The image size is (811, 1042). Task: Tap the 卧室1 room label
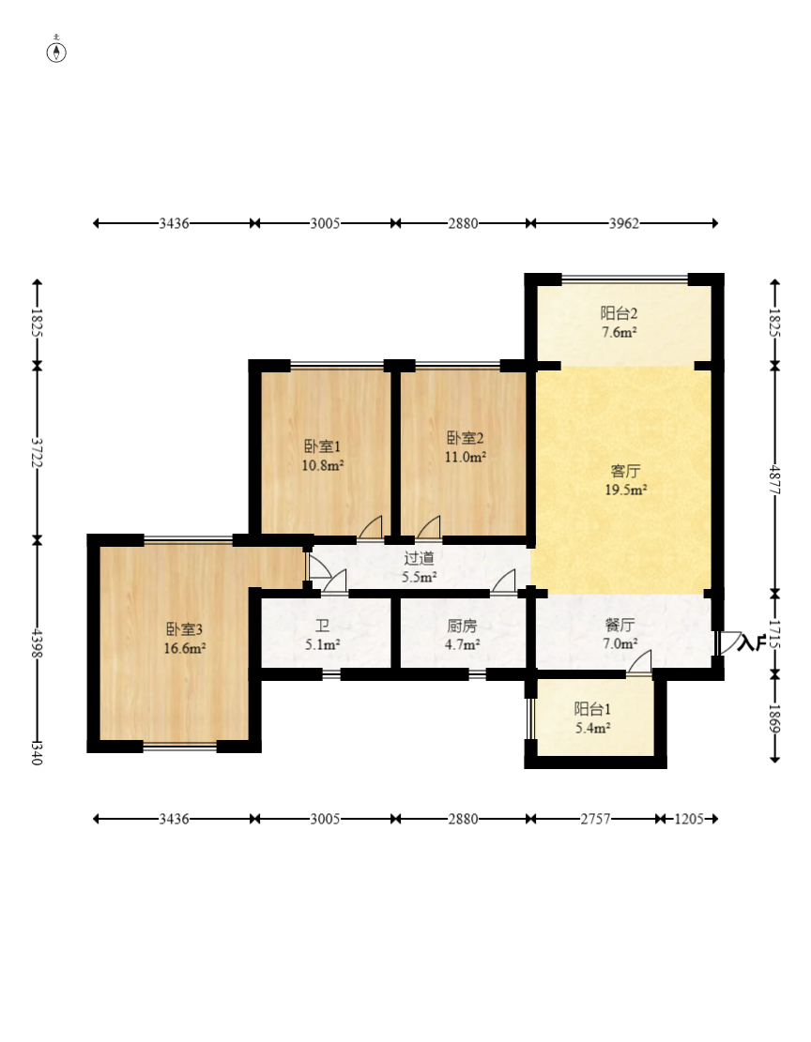coord(323,446)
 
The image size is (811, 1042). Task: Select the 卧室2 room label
coord(465,438)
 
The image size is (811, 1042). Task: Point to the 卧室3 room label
coord(184,628)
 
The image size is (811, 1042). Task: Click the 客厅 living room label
coord(625,471)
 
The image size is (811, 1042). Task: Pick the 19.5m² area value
coord(625,490)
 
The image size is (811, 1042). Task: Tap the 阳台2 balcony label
coord(620,313)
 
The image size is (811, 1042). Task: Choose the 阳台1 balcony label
coord(593,709)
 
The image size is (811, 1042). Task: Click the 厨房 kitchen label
coord(463,626)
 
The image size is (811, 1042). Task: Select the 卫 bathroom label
coord(323,626)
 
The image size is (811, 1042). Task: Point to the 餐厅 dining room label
coord(620,625)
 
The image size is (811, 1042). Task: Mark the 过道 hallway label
coord(420,558)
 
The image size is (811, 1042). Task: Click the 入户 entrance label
coord(752,642)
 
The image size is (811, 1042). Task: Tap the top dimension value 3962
coord(624,223)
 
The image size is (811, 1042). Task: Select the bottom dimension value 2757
coord(595,819)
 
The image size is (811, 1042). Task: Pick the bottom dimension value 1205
coord(689,819)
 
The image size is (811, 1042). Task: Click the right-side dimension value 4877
coord(774,479)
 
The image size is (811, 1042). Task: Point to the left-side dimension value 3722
coord(38,453)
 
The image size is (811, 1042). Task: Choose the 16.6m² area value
coord(184,648)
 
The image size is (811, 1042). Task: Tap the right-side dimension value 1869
coord(774,718)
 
